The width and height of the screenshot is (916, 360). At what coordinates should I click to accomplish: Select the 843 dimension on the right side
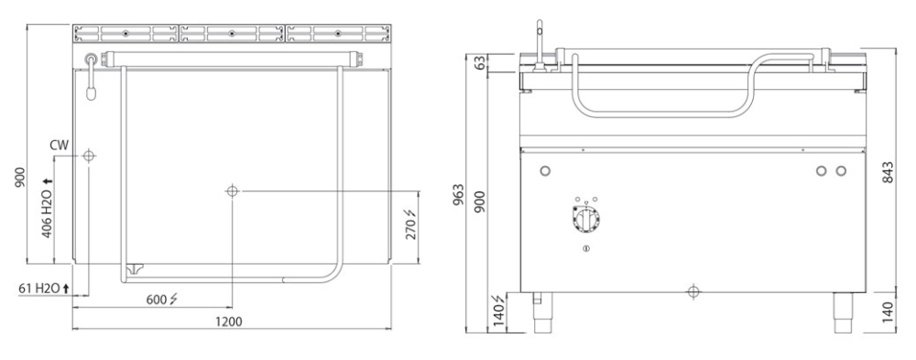(889, 172)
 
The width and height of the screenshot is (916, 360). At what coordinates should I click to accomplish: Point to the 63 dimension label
(480, 63)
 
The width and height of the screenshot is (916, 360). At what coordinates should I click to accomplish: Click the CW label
(60, 144)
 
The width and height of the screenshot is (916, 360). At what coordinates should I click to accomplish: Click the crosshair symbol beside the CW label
(88, 156)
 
